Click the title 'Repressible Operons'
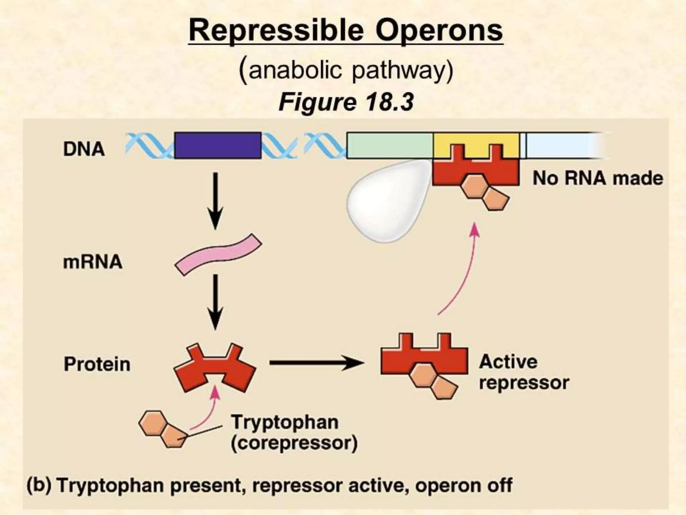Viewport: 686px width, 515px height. coord(345,31)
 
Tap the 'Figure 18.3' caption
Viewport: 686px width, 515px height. coord(346,102)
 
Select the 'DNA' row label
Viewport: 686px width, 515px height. coord(84,149)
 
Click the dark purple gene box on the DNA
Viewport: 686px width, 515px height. coord(218,146)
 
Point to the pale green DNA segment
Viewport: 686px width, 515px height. coord(390,146)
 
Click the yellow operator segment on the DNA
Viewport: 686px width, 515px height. coord(476,141)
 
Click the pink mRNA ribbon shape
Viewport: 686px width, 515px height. coord(218,255)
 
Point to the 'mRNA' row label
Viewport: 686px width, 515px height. coord(92,262)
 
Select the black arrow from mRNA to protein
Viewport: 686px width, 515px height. coord(215,302)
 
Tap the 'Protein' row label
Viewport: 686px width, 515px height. coord(97,364)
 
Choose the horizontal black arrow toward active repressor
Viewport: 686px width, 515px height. coord(316,363)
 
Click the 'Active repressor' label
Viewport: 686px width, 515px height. coord(524,372)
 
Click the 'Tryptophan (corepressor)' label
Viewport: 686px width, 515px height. coord(294,433)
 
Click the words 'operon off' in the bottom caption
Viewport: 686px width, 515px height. coord(464,485)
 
